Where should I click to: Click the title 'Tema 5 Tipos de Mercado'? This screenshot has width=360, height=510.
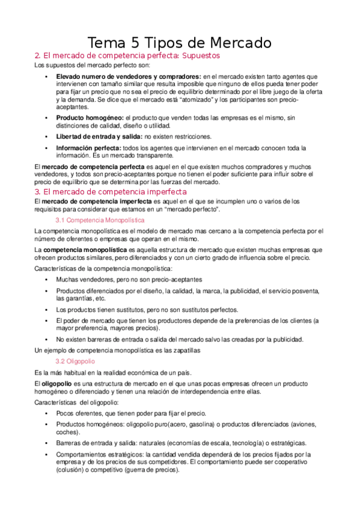coord(180,43)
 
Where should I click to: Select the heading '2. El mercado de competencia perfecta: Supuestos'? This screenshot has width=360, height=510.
coord(127,55)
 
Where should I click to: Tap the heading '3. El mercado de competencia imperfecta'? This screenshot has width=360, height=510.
coord(111,192)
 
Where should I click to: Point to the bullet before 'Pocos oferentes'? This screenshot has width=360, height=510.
coord(46,413)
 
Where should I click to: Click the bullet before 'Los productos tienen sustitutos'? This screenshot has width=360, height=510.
coord(46,310)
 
